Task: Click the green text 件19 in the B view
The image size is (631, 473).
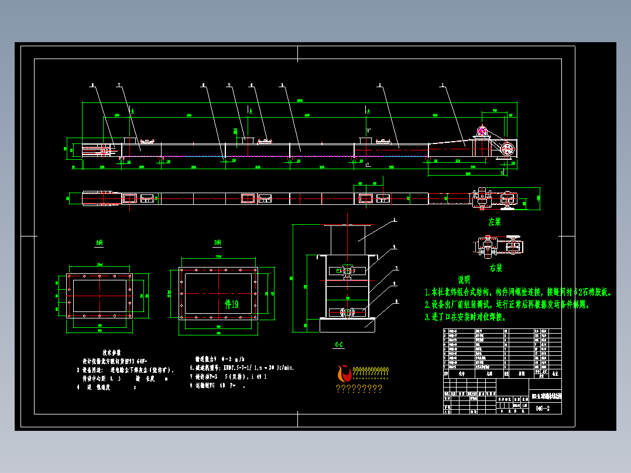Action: pos(232,304)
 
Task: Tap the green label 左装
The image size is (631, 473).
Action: pos(495,222)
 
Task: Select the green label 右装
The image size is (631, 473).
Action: pos(496,268)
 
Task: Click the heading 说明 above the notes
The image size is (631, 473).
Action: pos(464,280)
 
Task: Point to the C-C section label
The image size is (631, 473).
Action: pos(338,345)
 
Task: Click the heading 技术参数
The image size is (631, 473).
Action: pos(111,353)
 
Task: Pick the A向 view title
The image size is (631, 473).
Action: pos(99,242)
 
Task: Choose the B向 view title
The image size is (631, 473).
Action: pos(218,242)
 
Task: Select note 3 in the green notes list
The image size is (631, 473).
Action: pos(465,317)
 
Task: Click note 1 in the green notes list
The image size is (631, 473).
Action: pos(517,292)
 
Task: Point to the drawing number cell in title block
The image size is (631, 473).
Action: pos(542,409)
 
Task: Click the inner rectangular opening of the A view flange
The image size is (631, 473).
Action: pos(100,295)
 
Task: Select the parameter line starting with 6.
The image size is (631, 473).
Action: pos(241,368)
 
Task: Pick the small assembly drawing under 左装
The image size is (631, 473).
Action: pos(498,246)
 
